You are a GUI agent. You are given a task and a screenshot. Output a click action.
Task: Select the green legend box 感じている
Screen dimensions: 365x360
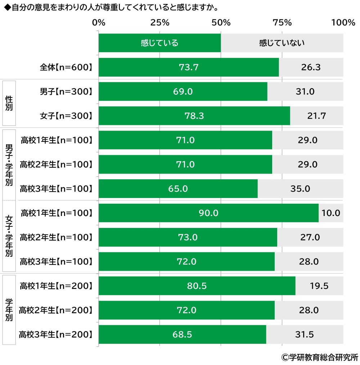click(x=159, y=43)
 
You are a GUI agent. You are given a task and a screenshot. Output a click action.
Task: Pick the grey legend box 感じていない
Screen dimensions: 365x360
click(x=282, y=43)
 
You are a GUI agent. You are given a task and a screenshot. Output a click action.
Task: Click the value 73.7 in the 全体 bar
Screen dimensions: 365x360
click(x=189, y=67)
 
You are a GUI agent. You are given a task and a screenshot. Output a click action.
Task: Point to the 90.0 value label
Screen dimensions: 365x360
click(x=208, y=213)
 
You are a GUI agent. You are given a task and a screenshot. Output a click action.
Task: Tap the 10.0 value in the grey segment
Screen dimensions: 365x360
click(x=331, y=213)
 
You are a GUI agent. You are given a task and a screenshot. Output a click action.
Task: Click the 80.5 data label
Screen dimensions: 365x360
click(x=197, y=286)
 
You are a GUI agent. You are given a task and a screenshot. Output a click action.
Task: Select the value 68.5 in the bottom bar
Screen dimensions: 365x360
click(x=182, y=334)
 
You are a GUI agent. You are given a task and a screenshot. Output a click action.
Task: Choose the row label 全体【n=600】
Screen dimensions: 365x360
click(x=66, y=67)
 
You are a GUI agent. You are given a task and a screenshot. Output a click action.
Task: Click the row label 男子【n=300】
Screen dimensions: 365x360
click(x=66, y=91)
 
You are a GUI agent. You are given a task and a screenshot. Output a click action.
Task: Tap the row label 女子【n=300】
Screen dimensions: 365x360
click(x=66, y=116)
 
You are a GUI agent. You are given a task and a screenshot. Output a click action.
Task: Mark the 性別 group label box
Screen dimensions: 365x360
click(x=9, y=103)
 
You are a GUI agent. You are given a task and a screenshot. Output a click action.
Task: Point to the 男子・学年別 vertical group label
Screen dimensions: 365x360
click(x=9, y=164)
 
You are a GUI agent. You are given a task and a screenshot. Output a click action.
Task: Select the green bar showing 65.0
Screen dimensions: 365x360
click(x=178, y=189)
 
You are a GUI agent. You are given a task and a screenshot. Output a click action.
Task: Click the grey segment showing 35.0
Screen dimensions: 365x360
click(x=300, y=189)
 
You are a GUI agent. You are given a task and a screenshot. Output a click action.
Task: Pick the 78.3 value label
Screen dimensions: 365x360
click(x=194, y=116)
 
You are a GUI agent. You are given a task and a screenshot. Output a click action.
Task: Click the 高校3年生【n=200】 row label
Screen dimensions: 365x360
click(x=55, y=334)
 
